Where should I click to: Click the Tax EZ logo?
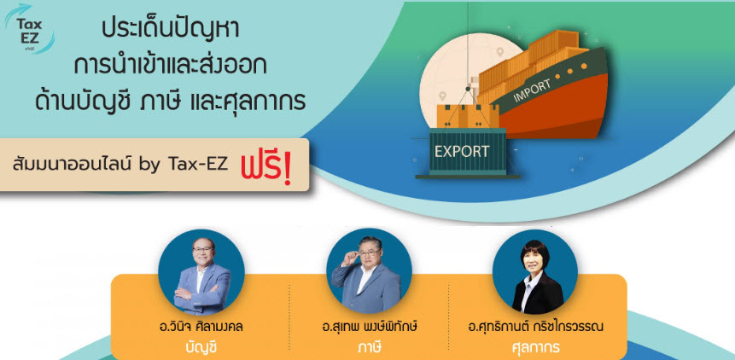29,28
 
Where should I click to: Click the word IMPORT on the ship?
533,91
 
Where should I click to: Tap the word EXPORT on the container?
462,152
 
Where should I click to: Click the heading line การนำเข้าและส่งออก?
170,66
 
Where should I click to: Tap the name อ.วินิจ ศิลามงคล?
201,326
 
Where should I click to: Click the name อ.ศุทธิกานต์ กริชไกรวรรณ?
535,326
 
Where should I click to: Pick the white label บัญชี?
201,347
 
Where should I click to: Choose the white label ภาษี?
369,347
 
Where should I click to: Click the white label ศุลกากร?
535,348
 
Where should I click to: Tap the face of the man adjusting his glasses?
370,253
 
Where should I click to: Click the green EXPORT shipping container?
467,151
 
